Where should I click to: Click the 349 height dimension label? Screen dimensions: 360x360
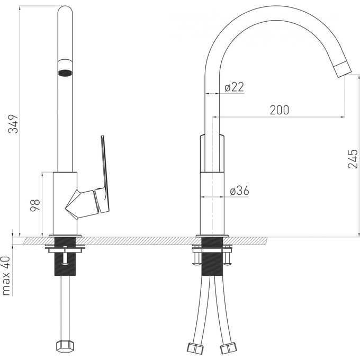[x=13, y=124]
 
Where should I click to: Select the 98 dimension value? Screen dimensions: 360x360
[x=35, y=205]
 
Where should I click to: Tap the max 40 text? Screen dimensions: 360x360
[x=6, y=276]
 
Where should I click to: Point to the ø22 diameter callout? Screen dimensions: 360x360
[x=234, y=87]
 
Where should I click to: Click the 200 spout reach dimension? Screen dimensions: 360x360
[x=280, y=110]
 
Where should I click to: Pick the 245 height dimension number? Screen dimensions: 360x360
[x=353, y=159]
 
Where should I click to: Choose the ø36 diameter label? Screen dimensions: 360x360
[x=239, y=191]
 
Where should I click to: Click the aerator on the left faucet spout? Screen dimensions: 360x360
[x=65, y=73]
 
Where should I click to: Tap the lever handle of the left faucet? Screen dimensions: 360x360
[x=104, y=175]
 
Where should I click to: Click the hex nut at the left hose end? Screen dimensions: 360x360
[x=65, y=346]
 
